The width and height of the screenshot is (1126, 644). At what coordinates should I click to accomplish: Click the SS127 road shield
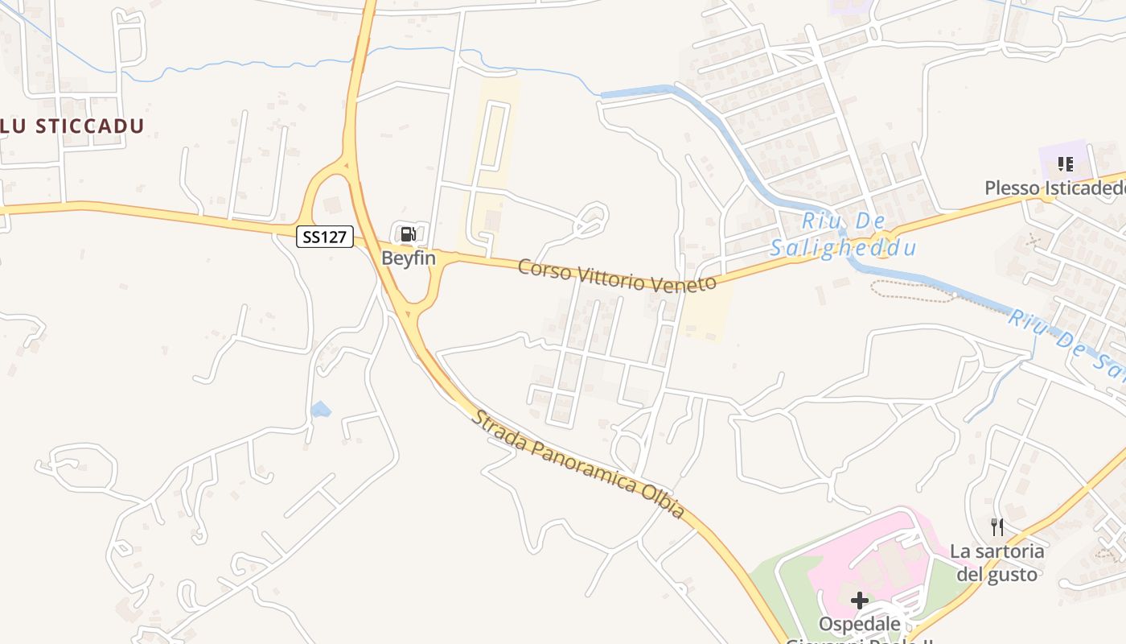325,237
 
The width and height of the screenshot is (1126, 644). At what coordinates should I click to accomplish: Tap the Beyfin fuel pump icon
409,234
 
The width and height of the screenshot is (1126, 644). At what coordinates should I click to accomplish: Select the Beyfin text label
409,258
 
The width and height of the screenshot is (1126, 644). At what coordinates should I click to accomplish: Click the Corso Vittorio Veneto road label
617,276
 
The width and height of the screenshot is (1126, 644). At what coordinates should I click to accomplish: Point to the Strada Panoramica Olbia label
577,464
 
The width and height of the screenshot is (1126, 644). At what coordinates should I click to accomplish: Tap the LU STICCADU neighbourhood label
72,126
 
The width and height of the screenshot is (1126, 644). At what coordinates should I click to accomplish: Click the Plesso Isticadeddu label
1054,188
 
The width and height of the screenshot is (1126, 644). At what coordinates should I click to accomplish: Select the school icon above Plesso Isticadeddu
1066,165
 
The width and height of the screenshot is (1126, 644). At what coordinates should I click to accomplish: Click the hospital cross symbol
860,600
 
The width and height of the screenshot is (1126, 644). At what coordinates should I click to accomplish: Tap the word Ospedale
859,624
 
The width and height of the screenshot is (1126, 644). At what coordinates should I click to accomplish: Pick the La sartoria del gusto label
997,563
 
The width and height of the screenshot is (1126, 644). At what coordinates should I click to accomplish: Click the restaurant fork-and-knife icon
997,527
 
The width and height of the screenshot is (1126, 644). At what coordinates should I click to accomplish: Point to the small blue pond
320,410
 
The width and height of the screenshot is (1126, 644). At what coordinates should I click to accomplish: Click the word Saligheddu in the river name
843,248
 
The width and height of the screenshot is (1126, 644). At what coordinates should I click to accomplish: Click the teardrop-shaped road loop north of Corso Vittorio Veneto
593,220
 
